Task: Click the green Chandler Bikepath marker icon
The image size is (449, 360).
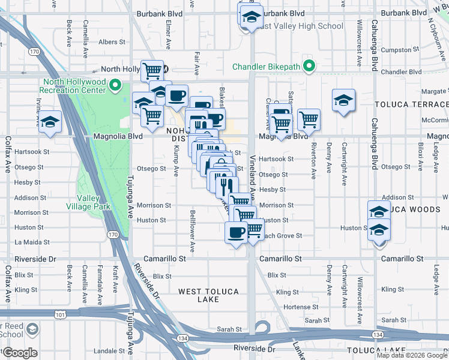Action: pyautogui.click(x=309, y=65)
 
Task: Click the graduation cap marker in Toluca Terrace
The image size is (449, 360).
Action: pyautogui.click(x=343, y=100)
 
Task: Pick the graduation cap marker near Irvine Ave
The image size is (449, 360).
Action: pyautogui.click(x=50, y=122)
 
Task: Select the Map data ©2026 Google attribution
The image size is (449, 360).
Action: pyautogui.click(x=411, y=355)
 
